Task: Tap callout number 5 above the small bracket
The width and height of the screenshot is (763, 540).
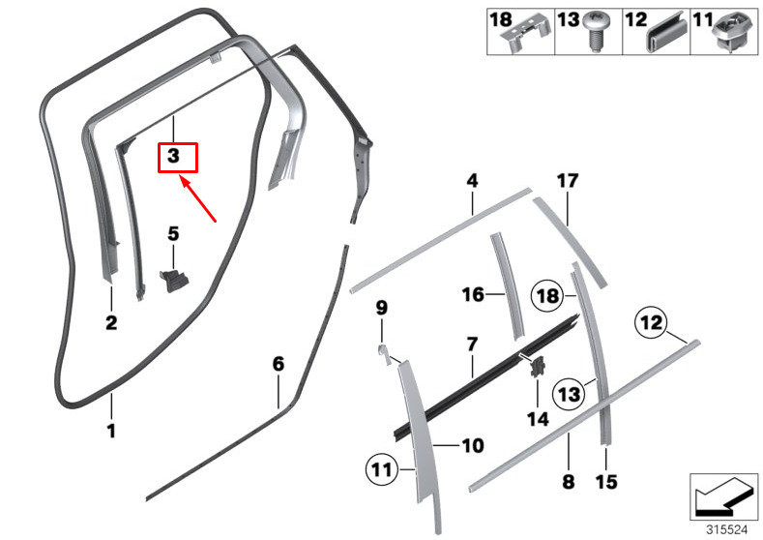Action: tap(173, 233)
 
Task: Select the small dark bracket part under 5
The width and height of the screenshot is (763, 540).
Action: tap(174, 280)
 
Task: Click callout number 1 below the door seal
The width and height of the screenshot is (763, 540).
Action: tap(111, 431)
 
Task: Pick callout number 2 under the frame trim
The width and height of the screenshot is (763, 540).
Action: tap(111, 323)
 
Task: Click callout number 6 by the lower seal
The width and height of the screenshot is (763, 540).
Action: tap(279, 364)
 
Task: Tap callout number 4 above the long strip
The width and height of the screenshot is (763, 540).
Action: tap(472, 180)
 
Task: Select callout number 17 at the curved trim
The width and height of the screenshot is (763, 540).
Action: tap(567, 181)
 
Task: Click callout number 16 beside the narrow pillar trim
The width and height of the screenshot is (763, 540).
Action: tap(472, 294)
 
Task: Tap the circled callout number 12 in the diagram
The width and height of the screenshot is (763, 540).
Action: tap(650, 321)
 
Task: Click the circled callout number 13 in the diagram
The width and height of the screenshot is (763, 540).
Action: tap(569, 393)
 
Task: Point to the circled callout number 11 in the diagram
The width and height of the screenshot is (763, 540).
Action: tap(380, 471)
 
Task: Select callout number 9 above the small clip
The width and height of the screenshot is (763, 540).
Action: tap(381, 308)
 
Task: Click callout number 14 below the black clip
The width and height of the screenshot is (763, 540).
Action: tap(537, 419)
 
